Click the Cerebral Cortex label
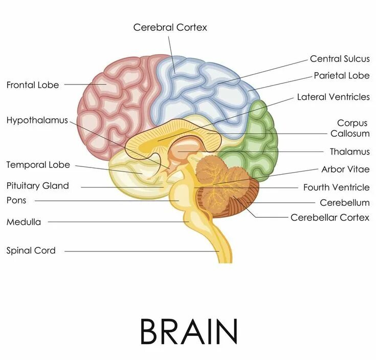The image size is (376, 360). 170,27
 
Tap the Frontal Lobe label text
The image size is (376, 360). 33,85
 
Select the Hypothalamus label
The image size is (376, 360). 37,120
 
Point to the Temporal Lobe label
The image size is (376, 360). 38,165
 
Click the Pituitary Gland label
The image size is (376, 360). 37,185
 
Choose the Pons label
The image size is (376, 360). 16,200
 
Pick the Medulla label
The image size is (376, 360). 24,222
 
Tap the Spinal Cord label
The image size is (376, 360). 31,250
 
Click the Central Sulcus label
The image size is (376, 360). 340,59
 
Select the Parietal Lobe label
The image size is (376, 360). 341,76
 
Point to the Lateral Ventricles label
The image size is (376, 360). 333,97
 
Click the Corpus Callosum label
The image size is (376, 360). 350,129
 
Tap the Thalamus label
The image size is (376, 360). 349,152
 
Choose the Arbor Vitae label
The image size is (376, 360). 345,169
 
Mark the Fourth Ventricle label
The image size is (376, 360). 336,187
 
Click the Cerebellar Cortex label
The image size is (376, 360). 329,217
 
